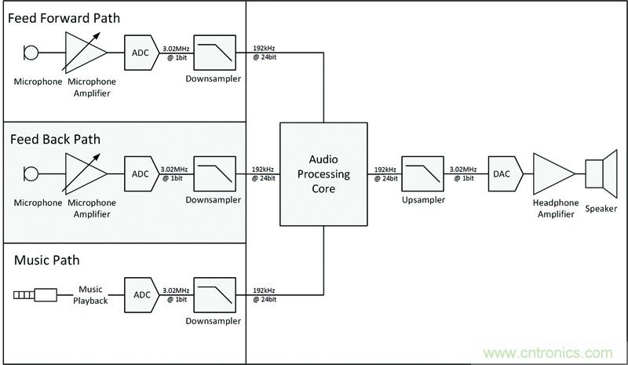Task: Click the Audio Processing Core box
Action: click(x=325, y=173)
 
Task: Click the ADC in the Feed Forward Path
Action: click(x=138, y=52)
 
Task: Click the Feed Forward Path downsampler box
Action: click(x=214, y=53)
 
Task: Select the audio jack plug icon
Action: click(x=35, y=295)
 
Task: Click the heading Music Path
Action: click(x=46, y=260)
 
